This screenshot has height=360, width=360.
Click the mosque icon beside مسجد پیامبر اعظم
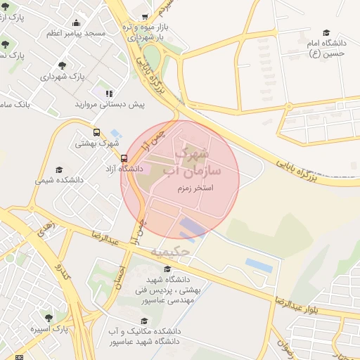(x=75, y=33)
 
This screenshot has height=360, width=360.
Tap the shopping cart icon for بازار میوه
(x=145, y=17)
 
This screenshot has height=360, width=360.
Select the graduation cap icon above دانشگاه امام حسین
(x=326, y=32)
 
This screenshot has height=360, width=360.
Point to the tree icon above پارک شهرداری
(x=63, y=65)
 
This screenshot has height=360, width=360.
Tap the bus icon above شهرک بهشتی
(x=96, y=132)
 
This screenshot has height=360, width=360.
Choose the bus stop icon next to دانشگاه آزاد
(x=124, y=158)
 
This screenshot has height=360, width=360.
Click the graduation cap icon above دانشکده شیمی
(x=59, y=169)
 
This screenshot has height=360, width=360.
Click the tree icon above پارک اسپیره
(x=49, y=318)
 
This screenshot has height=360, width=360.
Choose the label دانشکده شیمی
(x=59, y=180)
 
